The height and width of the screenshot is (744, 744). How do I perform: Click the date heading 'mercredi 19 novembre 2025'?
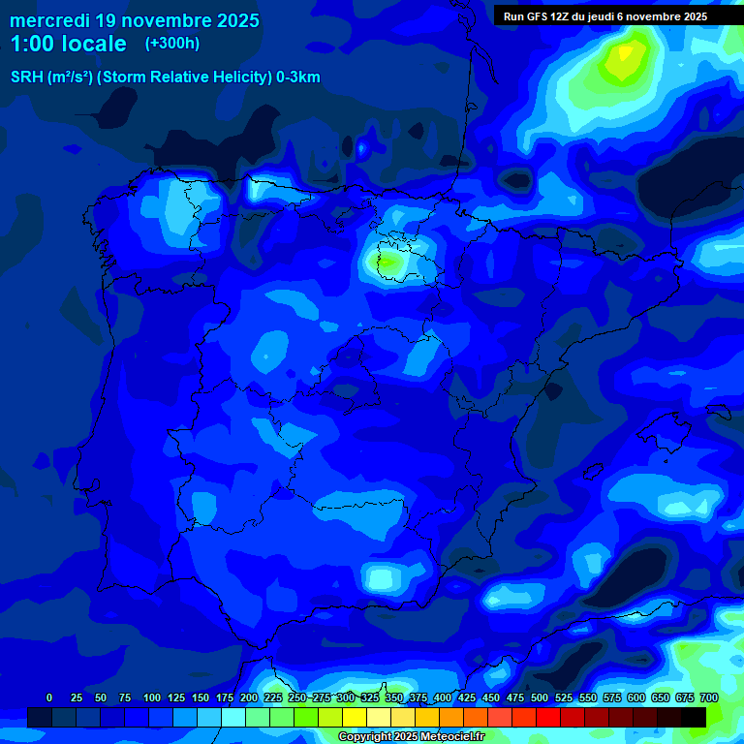pyautogui.click(x=135, y=20)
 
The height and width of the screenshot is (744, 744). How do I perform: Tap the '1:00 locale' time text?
pyautogui.click(x=68, y=44)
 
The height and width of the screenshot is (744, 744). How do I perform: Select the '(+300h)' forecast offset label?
pyautogui.click(x=172, y=44)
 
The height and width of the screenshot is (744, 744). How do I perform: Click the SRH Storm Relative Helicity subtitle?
pyautogui.click(x=165, y=77)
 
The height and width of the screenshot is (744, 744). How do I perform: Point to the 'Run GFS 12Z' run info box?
pyautogui.click(x=605, y=16)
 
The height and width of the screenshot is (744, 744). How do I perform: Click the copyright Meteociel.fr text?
pyautogui.click(x=411, y=737)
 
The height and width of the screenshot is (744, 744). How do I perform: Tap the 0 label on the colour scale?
pyautogui.click(x=49, y=697)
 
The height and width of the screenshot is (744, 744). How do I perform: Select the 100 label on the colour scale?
pyautogui.click(x=152, y=697)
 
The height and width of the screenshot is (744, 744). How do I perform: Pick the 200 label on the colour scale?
pyautogui.click(x=249, y=697)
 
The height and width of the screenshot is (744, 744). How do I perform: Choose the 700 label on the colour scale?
pyautogui.click(x=708, y=697)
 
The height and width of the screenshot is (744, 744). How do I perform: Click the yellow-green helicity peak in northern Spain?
pyautogui.click(x=388, y=261)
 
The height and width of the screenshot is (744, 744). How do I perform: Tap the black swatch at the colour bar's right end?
pyautogui.click(x=694, y=717)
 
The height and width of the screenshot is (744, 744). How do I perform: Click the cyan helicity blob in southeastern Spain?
pyautogui.click(x=384, y=577)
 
